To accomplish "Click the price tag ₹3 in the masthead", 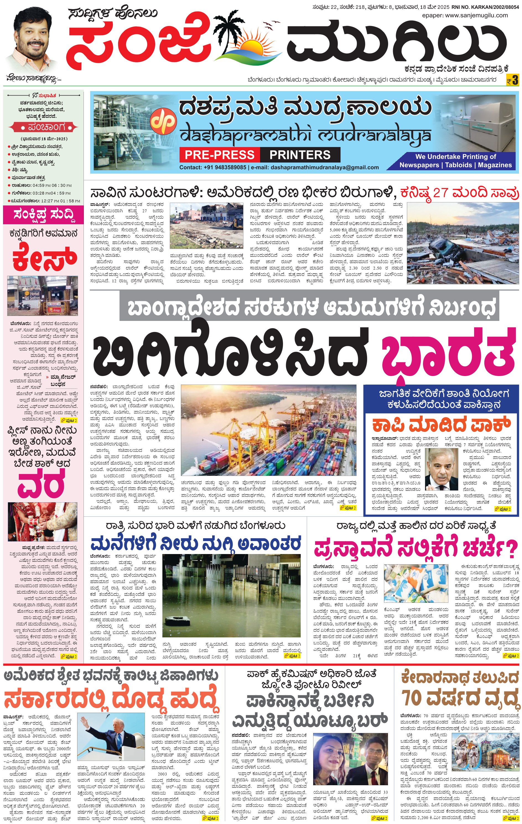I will coord(512,80).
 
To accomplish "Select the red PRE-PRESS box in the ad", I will coord(219,155).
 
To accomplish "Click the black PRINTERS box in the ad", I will coord(300,155).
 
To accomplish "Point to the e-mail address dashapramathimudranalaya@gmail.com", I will coord(324,167).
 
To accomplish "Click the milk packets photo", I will coord(416,584).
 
